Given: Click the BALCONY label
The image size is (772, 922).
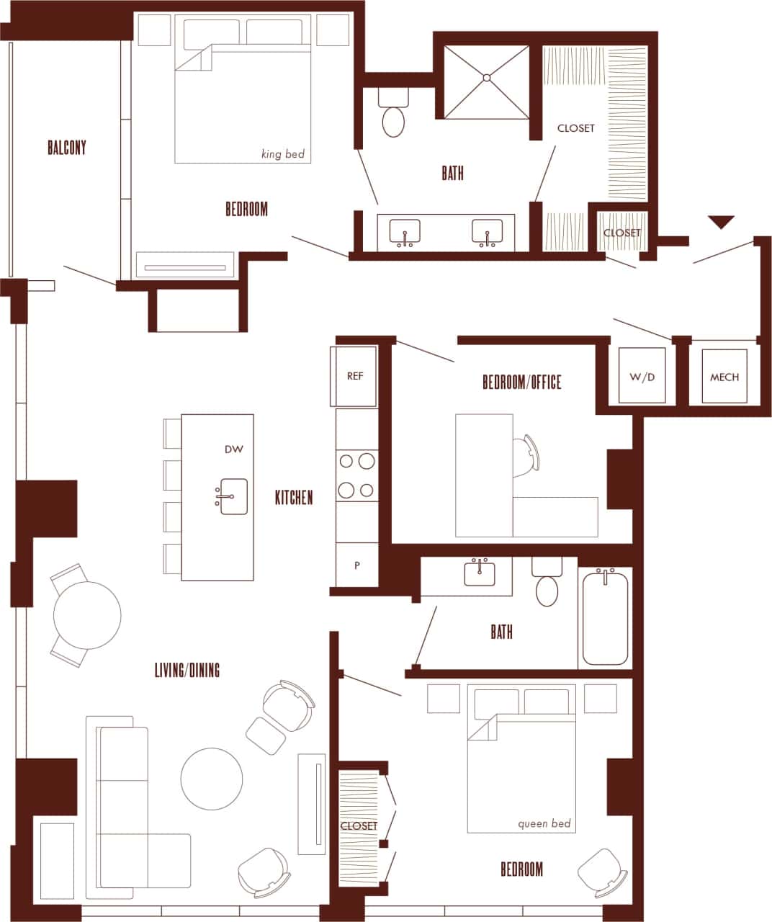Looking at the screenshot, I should (66, 148).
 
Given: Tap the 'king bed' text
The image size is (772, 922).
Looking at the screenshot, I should (283, 154).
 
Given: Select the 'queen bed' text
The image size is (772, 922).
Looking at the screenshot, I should (544, 823).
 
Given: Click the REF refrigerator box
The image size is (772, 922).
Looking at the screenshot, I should (355, 377).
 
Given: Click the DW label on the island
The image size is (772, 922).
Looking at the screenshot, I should (234, 449).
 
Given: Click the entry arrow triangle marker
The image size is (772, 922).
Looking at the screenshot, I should (721, 222).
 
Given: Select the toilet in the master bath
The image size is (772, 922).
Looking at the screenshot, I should (393, 119).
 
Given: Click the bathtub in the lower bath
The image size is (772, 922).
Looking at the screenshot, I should (605, 617).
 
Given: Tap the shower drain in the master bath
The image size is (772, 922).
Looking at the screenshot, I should (487, 77).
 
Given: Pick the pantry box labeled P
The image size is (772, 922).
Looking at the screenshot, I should (356, 565).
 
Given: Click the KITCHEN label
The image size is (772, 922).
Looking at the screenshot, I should (294, 497).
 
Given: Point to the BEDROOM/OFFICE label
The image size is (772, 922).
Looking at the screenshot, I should (521, 382).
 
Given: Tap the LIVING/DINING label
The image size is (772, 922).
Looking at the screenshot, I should (187, 670).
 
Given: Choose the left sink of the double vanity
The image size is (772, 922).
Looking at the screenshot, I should (405, 232).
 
